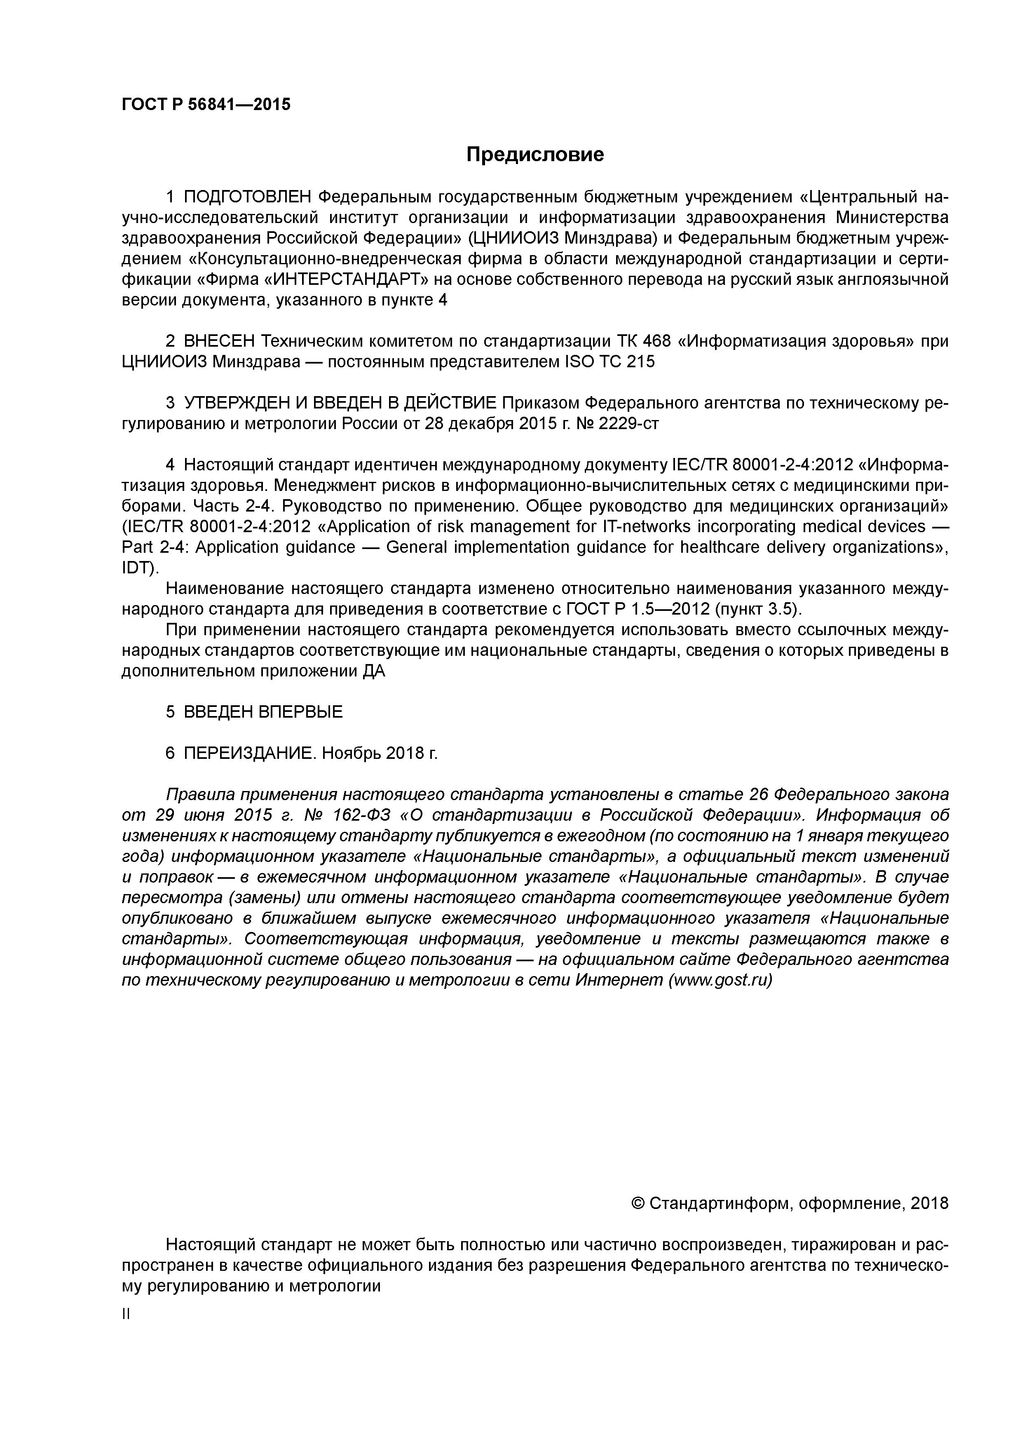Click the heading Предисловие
click(534, 154)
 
